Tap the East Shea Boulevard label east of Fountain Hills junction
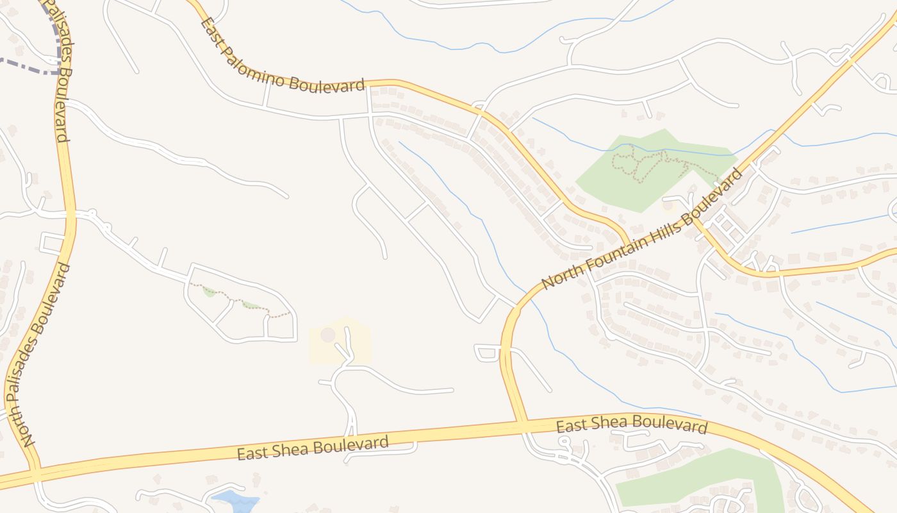pyautogui.click(x=631, y=424)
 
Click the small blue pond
pyautogui.click(x=235, y=500)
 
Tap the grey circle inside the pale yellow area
pyautogui.click(x=328, y=335)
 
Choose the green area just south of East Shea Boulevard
pyautogui.click(x=698, y=478)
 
